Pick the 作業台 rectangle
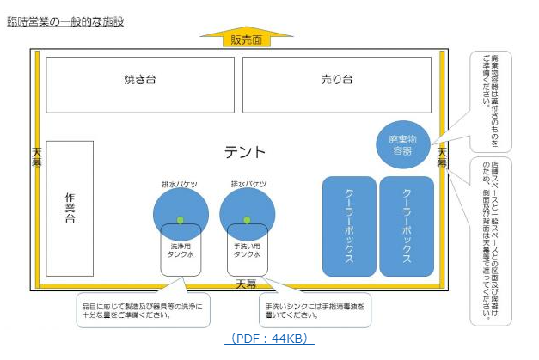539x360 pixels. [x=70, y=208]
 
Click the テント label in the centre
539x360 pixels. [x=245, y=152]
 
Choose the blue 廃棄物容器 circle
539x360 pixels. [x=402, y=143]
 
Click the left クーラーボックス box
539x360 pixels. [x=349, y=225]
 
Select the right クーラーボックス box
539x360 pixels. [x=406, y=225]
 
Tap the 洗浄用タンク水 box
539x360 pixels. [x=181, y=250]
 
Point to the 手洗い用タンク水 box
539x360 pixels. [x=248, y=250]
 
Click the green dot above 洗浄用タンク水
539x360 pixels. [x=180, y=221]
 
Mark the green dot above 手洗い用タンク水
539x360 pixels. [x=248, y=221]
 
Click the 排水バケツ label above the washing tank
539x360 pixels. [x=180, y=184]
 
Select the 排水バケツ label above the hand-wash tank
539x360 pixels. [x=248, y=184]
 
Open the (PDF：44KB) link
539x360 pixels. [x=269, y=339]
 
